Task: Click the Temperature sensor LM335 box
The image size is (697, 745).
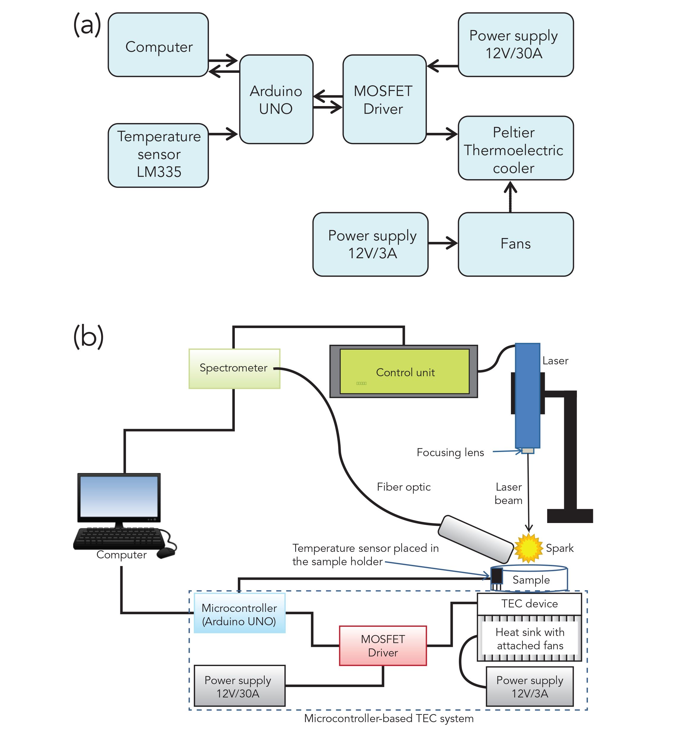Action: [x=158, y=155]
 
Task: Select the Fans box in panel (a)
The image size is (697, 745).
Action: [x=515, y=244]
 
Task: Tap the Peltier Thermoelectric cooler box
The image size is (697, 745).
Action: [x=515, y=148]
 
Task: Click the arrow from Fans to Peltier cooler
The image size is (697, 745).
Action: [x=510, y=196]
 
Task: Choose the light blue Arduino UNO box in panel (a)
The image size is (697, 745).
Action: [x=276, y=99]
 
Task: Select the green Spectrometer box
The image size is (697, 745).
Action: [x=234, y=368]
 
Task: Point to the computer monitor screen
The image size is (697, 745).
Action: [x=119, y=497]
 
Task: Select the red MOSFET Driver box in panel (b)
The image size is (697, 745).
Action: [x=383, y=646]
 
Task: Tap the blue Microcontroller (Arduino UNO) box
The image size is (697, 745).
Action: [x=240, y=614]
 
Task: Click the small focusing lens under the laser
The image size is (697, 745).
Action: [x=528, y=451]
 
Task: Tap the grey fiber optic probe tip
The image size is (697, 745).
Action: [x=475, y=538]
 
